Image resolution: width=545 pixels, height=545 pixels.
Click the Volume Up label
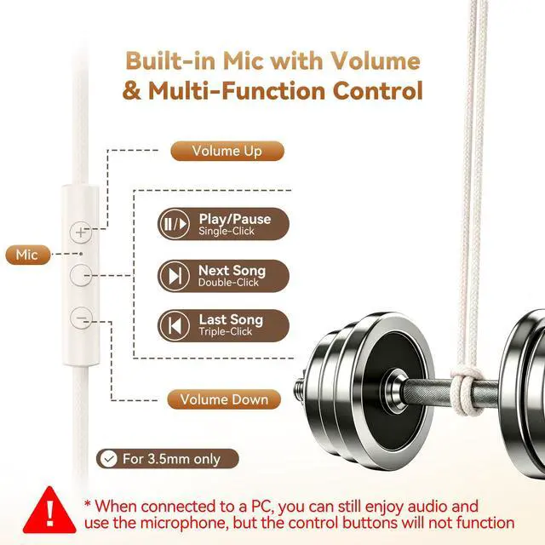coord(227,151)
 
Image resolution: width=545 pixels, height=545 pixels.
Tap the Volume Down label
coord(224,399)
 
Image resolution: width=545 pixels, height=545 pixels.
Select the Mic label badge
coord(28,255)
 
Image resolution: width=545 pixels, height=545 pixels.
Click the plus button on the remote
coord(81,232)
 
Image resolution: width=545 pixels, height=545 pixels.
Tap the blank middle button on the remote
coord(81,275)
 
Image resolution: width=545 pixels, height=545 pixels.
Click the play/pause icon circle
coord(175,224)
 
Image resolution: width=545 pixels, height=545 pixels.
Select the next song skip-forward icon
coord(175,276)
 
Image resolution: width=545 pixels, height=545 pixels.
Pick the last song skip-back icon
coord(175,325)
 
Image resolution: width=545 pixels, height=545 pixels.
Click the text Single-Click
coord(227,231)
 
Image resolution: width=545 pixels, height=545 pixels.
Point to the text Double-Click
coord(228,283)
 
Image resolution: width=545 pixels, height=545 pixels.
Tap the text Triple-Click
coord(225,331)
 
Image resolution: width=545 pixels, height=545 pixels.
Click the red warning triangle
coord(49,510)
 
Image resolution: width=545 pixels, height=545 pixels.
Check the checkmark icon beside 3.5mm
coord(109,459)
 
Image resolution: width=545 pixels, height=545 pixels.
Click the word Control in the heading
coord(378,91)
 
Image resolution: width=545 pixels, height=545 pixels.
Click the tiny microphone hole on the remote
coord(81,254)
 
